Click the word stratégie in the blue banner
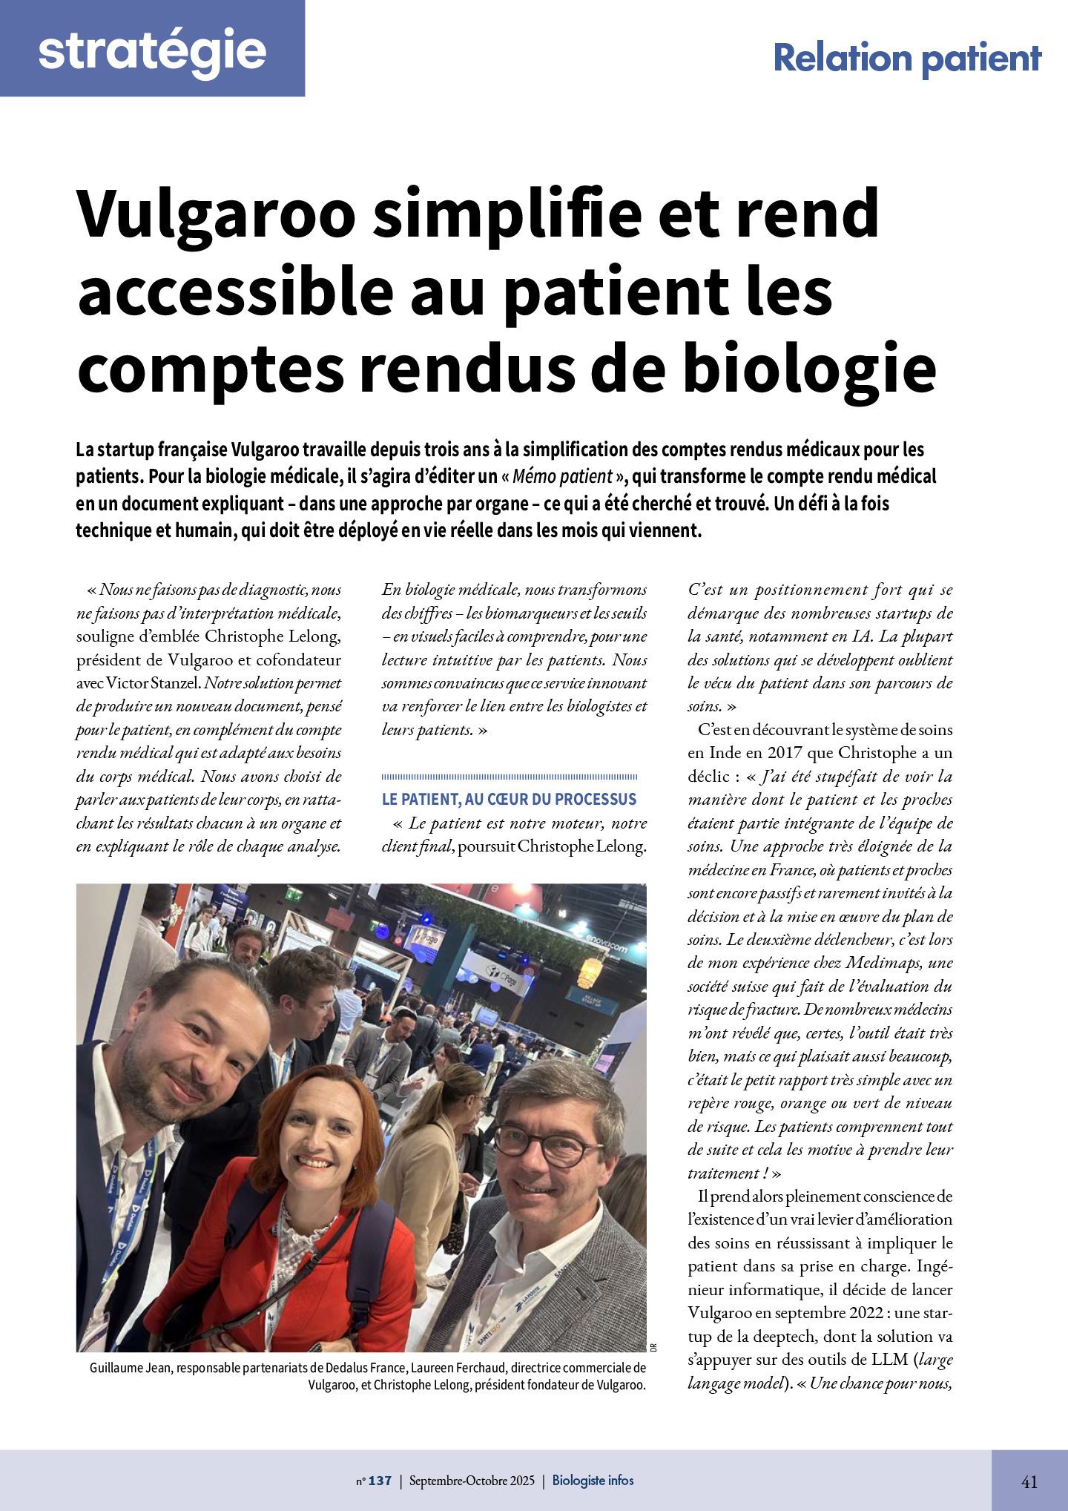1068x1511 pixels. coord(152,50)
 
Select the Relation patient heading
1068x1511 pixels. coord(907,59)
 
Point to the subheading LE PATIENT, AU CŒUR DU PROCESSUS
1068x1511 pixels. coord(509,799)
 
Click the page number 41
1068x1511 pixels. coord(1029,1481)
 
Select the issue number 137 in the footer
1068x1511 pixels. coord(379,1481)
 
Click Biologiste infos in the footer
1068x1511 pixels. coord(593,1481)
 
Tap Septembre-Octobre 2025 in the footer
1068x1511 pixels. coord(471,1481)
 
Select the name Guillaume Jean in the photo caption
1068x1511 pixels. coord(131,1368)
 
